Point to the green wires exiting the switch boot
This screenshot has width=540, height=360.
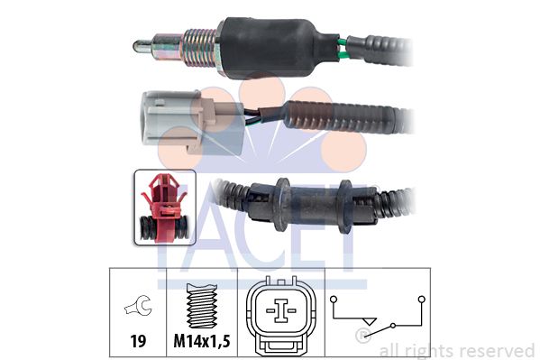coord(343,49)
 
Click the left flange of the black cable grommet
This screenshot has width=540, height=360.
coord(281,204)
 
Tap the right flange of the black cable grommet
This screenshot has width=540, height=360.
coord(344,207)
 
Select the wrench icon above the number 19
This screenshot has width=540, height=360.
coord(139,305)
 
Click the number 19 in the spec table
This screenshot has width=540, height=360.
coord(138,341)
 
